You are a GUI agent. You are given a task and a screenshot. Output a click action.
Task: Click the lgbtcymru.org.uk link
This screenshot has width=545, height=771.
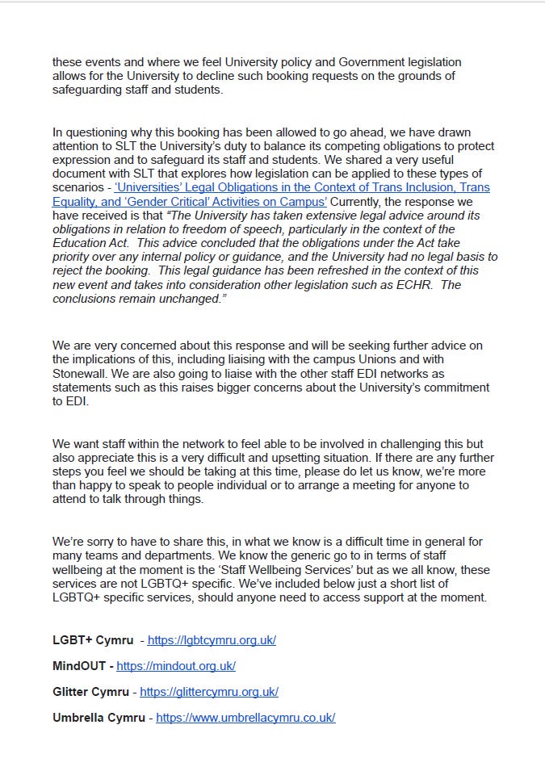click(212, 640)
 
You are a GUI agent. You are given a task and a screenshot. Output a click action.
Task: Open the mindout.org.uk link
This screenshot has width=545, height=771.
click(176, 666)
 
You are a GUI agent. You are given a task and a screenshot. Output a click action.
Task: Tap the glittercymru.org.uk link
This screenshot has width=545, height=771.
click(209, 692)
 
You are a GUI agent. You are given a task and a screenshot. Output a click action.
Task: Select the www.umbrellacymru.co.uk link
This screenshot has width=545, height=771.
click(245, 718)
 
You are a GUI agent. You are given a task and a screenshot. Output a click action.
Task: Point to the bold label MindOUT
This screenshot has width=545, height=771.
click(80, 666)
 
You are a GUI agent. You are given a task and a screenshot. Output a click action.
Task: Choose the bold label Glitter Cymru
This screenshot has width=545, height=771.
click(93, 692)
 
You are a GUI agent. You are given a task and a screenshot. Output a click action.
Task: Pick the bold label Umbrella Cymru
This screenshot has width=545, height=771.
click(99, 718)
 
